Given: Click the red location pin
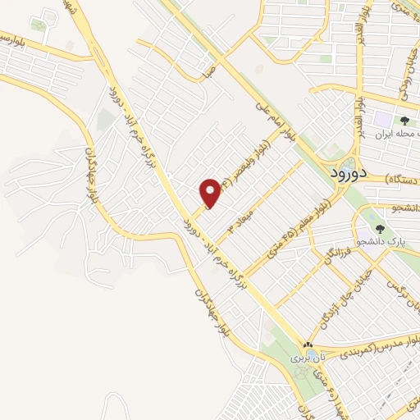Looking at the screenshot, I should [211, 192].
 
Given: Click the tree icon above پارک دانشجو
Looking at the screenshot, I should [379, 228].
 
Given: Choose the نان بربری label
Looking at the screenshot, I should [305, 358].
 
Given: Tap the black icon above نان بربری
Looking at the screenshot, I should [307, 346].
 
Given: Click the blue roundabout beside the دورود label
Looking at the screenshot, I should [345, 162].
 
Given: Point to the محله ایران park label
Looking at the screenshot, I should [399, 132].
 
